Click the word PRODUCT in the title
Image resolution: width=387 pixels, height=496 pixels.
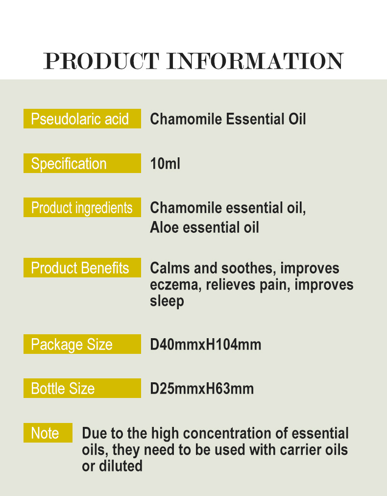click(x=101, y=61)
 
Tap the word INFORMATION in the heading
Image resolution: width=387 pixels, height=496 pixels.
click(x=255, y=61)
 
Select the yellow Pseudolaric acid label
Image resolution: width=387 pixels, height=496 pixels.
click(x=82, y=119)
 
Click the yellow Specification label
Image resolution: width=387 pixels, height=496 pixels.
click(x=82, y=163)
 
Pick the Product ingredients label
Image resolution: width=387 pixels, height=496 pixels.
click(x=82, y=208)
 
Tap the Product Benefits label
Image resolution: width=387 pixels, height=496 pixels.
click(x=82, y=268)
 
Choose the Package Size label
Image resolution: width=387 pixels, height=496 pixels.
click(x=82, y=344)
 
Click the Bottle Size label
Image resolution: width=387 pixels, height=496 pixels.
click(x=82, y=389)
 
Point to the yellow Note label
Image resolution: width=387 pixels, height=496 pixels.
click(x=48, y=433)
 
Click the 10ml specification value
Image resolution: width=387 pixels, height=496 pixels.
click(x=165, y=164)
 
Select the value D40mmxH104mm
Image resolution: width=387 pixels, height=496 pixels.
click(x=205, y=345)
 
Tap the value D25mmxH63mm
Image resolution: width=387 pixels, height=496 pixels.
click(x=202, y=389)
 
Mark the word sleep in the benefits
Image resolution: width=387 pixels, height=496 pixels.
click(x=167, y=300)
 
